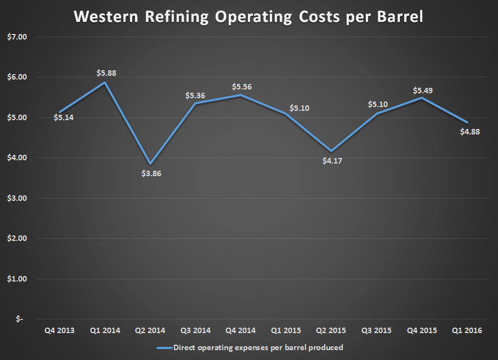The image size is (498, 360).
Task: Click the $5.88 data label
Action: (106, 73)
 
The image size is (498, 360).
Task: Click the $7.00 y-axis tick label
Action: (19, 37)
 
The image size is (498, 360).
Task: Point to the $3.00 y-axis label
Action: (19, 198)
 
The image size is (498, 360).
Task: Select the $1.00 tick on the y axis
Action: (19, 279)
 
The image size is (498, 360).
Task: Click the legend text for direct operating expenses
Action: (258, 347)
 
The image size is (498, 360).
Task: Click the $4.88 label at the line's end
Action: (467, 132)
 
